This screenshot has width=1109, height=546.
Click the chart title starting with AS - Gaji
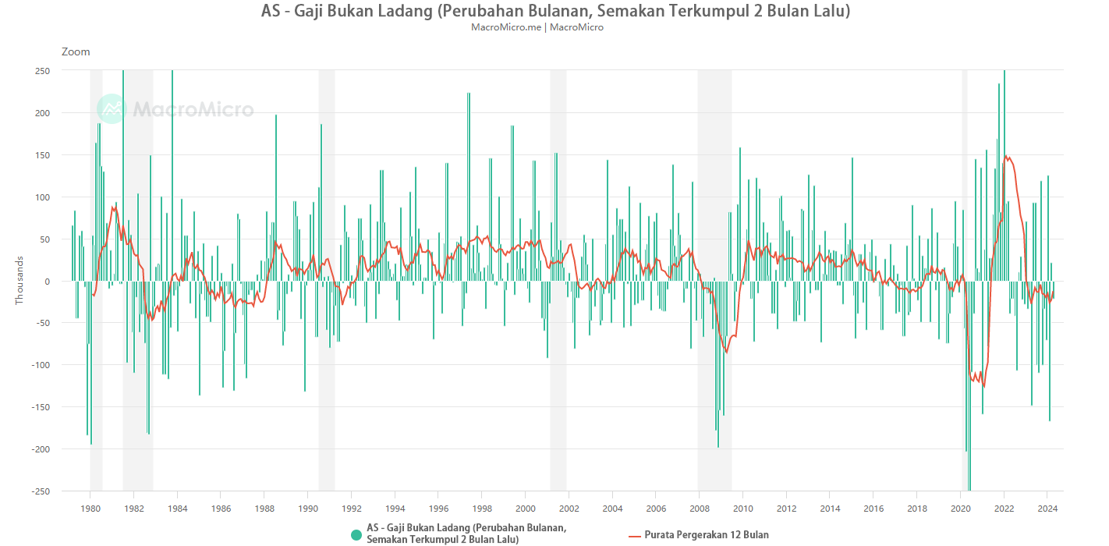point(554,11)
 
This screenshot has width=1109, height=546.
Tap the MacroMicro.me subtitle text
point(506,27)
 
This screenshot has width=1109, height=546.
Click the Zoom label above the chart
point(76,51)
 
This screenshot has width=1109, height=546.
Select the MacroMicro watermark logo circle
point(111,109)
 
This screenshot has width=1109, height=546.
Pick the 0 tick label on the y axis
point(47,282)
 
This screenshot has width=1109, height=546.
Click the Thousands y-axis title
point(19,282)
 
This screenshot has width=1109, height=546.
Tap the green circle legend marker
point(356,534)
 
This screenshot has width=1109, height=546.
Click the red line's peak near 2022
point(1005,156)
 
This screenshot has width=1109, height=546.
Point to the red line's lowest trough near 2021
point(984,386)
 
